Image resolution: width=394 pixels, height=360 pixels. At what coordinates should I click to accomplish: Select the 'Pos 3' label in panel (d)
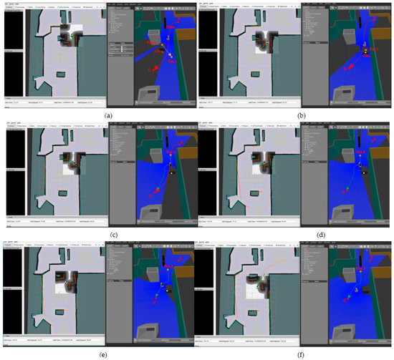point(360,152)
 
